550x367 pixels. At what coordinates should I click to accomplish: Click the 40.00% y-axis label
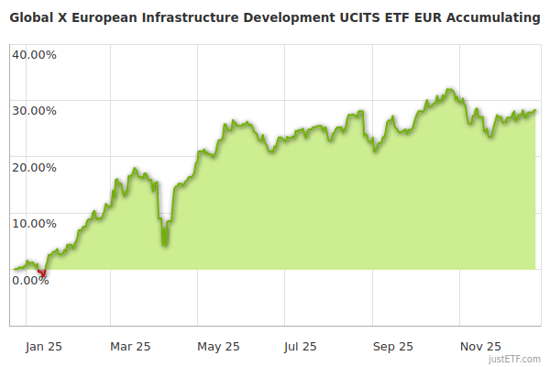34,54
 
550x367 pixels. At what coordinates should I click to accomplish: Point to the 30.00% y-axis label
34,111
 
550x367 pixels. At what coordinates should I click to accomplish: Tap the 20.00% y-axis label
34,167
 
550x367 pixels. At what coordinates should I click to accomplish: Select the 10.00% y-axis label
34,223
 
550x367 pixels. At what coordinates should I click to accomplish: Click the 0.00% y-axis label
30,280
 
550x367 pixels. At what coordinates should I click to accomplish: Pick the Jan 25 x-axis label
43,346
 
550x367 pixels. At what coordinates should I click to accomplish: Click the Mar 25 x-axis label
130,346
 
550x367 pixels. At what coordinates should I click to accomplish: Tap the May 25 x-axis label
218,346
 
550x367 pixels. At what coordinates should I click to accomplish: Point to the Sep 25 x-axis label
392,346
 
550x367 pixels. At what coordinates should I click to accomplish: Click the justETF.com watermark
515,359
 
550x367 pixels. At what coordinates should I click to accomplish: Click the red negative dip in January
42,273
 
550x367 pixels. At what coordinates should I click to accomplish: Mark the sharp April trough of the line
164,244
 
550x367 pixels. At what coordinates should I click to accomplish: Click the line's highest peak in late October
448,90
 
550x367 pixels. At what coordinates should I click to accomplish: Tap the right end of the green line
535,111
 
